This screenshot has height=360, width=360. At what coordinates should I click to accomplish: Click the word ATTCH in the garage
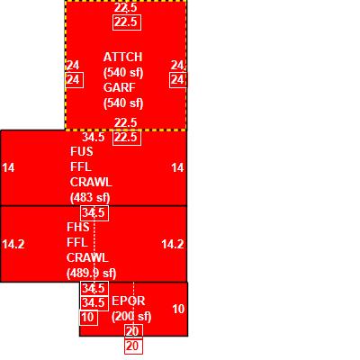pyautogui.click(x=122, y=57)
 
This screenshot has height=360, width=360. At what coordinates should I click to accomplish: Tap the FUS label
pyautogui.click(x=82, y=151)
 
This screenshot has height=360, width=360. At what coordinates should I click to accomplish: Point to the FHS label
pyautogui.click(x=78, y=227)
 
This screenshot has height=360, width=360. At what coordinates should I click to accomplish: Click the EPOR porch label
pyautogui.click(x=128, y=301)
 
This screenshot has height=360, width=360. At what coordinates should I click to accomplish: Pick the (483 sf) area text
pyautogui.click(x=90, y=198)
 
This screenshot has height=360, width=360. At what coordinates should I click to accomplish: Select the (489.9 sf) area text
pyautogui.click(x=91, y=274)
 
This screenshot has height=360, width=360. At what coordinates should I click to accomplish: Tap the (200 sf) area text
pyautogui.click(x=131, y=317)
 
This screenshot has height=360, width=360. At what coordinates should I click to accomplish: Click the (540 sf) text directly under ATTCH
pyautogui.click(x=123, y=73)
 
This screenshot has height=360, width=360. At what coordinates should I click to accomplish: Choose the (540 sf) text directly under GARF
pyautogui.click(x=123, y=103)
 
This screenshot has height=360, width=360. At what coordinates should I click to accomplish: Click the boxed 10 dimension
pyautogui.click(x=88, y=317)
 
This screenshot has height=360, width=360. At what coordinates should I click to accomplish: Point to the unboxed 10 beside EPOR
pyautogui.click(x=178, y=310)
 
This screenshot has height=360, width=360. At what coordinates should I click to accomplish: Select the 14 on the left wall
pyautogui.click(x=8, y=167)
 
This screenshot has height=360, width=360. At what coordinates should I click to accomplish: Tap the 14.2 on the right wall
pyautogui.click(x=173, y=245)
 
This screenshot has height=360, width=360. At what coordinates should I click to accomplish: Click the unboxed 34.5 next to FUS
pyautogui.click(x=94, y=137)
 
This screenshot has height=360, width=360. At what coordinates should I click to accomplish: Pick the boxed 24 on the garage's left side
pyautogui.click(x=74, y=80)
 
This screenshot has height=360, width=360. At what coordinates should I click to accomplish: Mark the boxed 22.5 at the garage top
pyautogui.click(x=127, y=22)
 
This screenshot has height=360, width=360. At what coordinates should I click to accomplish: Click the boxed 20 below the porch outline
pyautogui.click(x=133, y=346)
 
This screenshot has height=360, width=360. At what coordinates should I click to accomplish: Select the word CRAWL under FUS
pyautogui.click(x=91, y=182)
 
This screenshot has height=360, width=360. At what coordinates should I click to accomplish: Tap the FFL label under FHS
pyautogui.click(x=77, y=242)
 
